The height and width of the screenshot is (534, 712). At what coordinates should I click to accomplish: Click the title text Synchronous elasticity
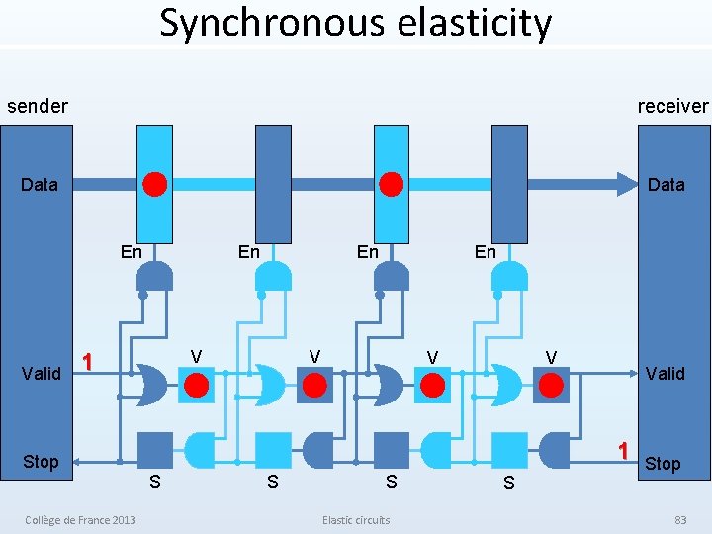coord(355,23)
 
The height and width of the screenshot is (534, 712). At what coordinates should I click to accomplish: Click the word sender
coord(38,106)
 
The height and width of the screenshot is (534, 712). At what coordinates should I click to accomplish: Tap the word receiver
coord(672,106)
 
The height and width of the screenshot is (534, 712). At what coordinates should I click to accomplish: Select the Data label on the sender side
coord(40,184)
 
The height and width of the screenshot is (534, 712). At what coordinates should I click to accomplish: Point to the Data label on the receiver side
coord(666,184)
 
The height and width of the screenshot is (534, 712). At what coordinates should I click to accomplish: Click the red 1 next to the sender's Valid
coord(88,362)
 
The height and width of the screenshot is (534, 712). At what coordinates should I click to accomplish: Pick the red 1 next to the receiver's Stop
coord(623,450)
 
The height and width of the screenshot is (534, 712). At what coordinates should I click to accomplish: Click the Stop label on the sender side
coord(41,462)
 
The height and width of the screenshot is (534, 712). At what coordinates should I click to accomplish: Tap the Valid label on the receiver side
coord(665,373)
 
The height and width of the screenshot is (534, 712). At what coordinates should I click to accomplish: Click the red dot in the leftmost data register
coord(154,184)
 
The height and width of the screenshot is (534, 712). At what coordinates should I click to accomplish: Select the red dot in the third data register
coord(392,184)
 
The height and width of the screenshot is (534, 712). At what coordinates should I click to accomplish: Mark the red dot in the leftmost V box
coord(197,384)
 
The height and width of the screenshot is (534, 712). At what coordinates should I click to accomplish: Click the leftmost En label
coord(131,252)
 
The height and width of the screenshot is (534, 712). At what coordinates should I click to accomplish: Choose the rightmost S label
coord(508,482)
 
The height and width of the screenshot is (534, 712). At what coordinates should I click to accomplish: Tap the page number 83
coord(679,520)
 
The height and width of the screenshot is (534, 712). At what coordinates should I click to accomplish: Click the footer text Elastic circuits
coord(356,520)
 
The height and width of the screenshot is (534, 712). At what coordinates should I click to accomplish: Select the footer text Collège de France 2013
coord(81,520)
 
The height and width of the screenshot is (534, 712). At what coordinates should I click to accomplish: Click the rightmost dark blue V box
coord(551,384)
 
